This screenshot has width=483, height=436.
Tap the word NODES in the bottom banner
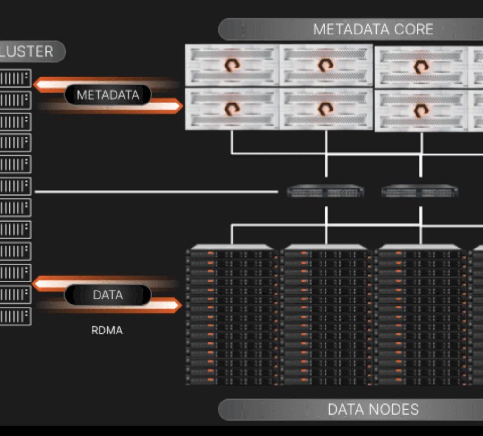click(393, 409)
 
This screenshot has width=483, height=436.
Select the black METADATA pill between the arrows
click(108, 95)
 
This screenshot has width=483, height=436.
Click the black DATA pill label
click(108, 295)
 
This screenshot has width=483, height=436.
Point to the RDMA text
click(107, 330)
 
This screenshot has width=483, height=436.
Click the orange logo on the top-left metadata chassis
click(232, 65)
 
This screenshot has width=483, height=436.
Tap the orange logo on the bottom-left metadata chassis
click(232, 109)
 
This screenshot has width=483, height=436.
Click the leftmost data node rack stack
click(232, 315)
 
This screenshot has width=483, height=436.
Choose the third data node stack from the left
click(420, 315)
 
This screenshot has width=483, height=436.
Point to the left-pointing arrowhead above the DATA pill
click(39, 284)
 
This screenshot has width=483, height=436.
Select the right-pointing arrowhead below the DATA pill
click(175, 305)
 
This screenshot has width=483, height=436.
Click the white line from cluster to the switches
click(156, 192)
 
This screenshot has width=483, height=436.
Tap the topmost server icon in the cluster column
click(16, 79)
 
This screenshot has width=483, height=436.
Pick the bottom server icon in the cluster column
click(16, 316)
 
